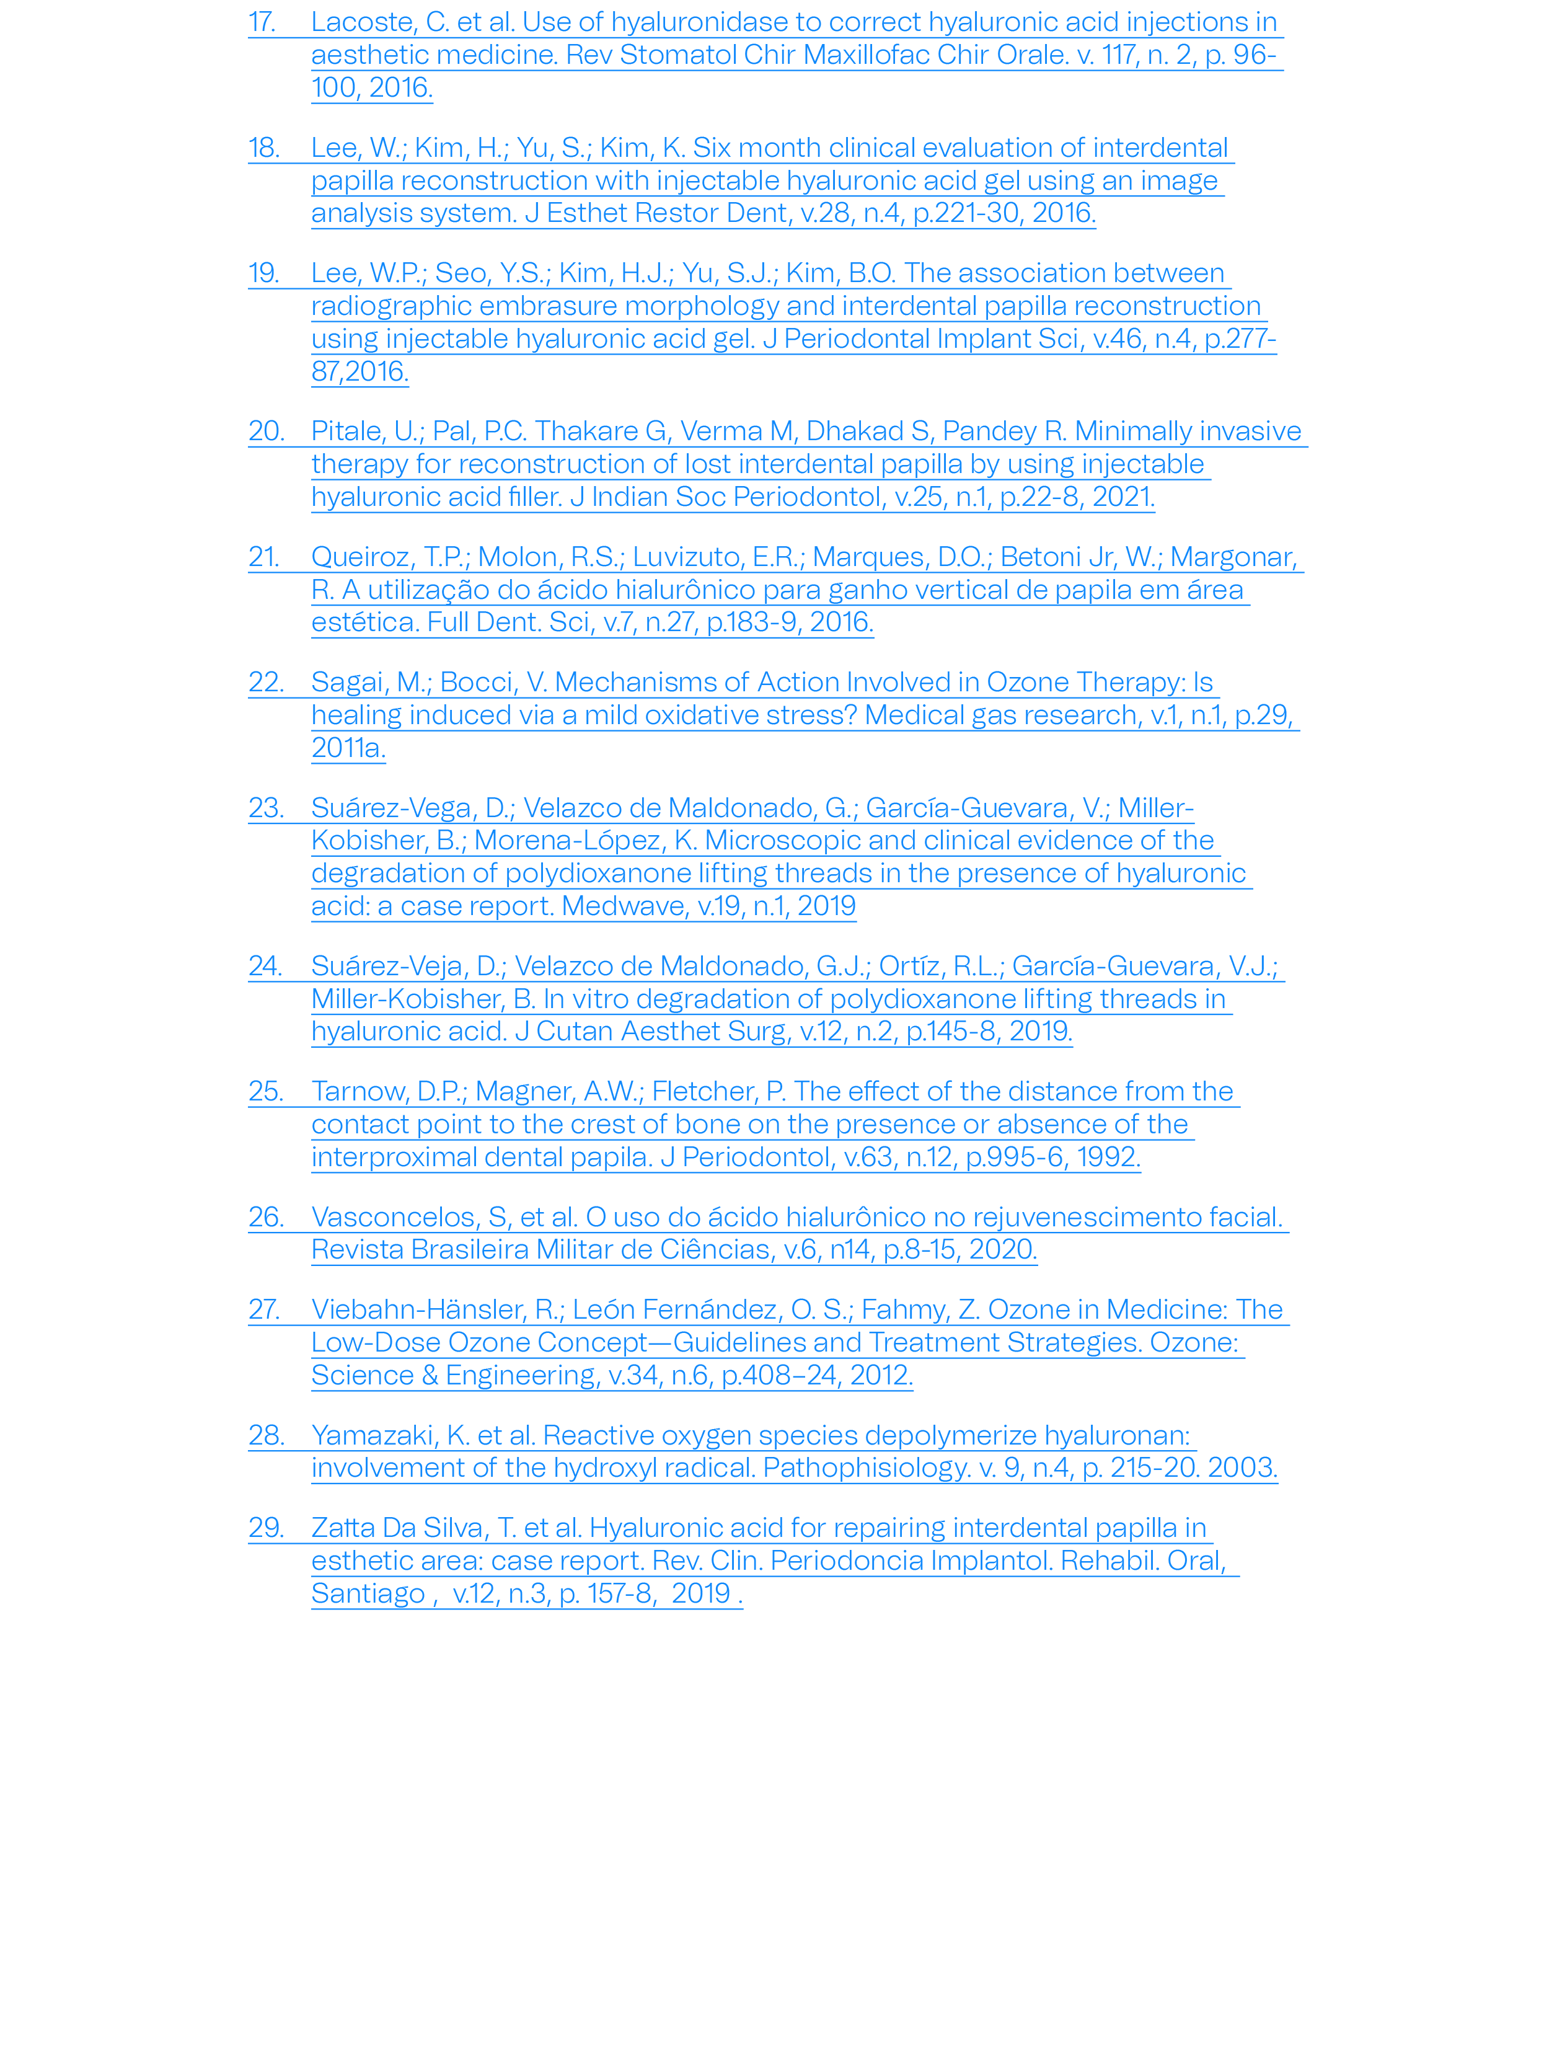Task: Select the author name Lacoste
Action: pyautogui.click(x=364, y=22)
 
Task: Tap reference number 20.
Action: pyautogui.click(x=267, y=431)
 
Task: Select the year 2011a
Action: pyautogui.click(x=348, y=748)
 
